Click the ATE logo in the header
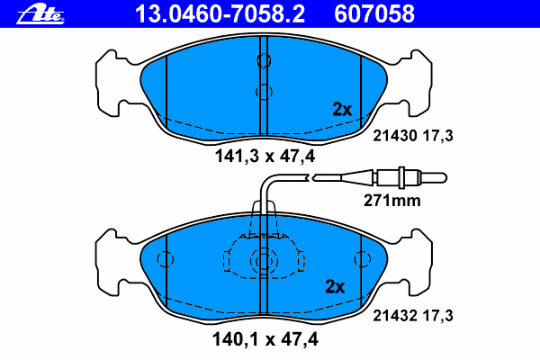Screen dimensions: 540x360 pos(40,14)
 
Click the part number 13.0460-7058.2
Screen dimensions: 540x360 pos(220,14)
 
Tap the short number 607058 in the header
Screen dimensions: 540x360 pos(374,14)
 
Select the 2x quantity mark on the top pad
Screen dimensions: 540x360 pos(342,109)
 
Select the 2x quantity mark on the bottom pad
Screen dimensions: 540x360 pos(335,286)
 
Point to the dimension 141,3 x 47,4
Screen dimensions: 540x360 pos(265,157)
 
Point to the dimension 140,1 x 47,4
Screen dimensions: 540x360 pos(265,339)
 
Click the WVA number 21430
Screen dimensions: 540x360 pos(395,136)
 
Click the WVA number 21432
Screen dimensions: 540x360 pos(395,316)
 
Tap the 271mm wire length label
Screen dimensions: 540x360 pos(392,201)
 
